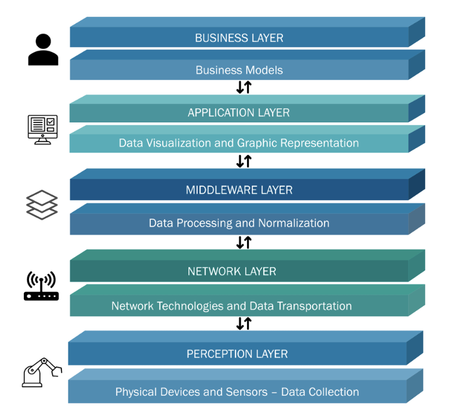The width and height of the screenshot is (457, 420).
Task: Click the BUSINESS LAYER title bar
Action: (x=239, y=38)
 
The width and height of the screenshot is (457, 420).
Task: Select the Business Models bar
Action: (x=239, y=70)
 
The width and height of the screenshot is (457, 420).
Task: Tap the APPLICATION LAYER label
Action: (x=238, y=113)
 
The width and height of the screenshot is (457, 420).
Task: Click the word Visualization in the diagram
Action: (x=177, y=143)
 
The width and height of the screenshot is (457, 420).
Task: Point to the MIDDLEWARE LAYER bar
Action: (x=239, y=190)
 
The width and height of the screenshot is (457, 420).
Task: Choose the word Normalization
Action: (x=291, y=223)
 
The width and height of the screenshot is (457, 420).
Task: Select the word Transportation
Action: (x=313, y=306)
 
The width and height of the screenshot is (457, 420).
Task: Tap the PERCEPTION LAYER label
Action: (x=237, y=354)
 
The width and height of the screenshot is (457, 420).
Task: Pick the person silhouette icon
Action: (x=43, y=50)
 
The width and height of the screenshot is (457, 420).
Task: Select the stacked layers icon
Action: (x=42, y=205)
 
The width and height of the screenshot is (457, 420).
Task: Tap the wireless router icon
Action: (x=41, y=287)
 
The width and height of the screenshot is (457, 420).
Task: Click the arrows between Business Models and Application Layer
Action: (x=244, y=87)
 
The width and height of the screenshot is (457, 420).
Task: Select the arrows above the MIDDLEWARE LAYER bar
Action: (x=244, y=161)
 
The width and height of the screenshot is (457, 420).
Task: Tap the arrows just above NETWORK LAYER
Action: (x=244, y=242)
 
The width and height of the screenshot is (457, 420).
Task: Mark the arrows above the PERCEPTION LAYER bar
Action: (x=244, y=324)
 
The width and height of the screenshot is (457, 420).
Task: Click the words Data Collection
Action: (x=320, y=392)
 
